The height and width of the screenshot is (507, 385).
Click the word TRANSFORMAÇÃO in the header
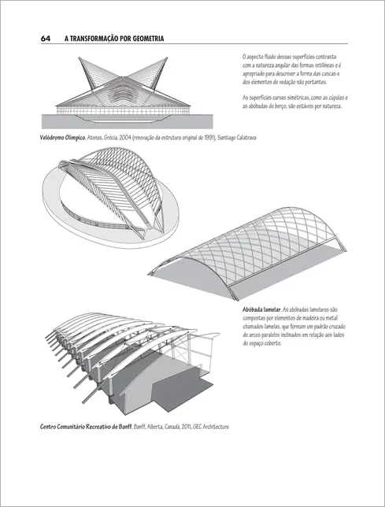(95, 39)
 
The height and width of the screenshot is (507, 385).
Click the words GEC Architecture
(209, 427)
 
